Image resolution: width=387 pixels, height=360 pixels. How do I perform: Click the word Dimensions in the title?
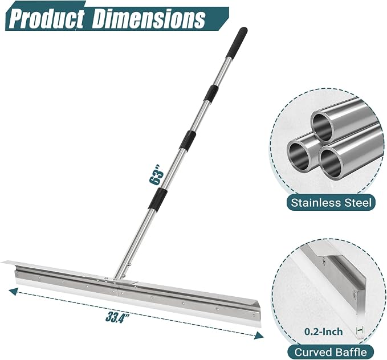click(x=148, y=18)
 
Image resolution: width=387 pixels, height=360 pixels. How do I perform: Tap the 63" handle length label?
click(x=157, y=174)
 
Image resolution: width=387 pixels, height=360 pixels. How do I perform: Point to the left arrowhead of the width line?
click(x=13, y=292)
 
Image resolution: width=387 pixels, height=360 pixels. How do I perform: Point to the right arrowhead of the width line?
click(x=259, y=336)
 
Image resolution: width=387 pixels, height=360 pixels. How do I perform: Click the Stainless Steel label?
click(x=331, y=203)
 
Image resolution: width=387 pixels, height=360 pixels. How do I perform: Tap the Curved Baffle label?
click(x=331, y=352)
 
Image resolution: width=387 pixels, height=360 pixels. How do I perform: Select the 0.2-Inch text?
click(x=323, y=332)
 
